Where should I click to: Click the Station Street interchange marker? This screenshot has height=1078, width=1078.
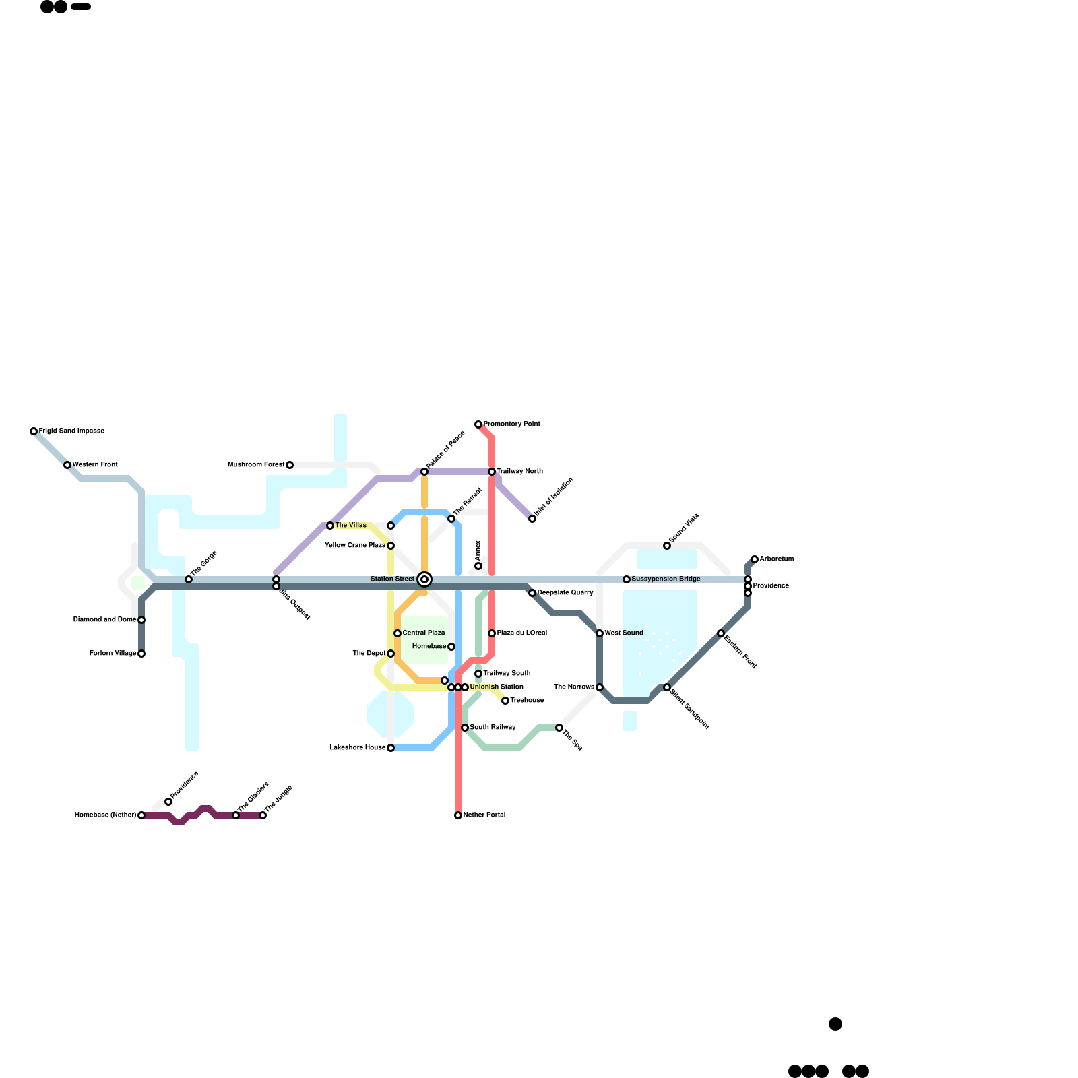click(x=424, y=579)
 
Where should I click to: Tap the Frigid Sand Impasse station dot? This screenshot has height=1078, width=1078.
click(x=34, y=431)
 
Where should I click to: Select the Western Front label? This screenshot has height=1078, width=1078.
click(x=95, y=465)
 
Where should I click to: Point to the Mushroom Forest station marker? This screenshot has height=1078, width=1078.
click(x=290, y=465)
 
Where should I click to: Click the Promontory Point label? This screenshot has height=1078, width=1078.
click(x=511, y=424)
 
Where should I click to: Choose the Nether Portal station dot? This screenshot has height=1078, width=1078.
click(x=458, y=815)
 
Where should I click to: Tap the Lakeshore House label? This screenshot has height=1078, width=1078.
click(x=357, y=748)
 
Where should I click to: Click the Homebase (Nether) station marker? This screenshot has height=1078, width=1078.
click(x=141, y=815)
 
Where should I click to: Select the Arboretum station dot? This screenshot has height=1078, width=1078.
click(x=755, y=559)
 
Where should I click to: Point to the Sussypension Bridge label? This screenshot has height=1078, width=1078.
click(x=666, y=579)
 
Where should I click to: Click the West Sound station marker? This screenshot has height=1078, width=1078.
click(x=600, y=633)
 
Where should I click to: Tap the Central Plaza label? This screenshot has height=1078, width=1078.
click(x=424, y=633)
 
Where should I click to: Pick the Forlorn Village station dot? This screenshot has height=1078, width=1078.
click(x=141, y=654)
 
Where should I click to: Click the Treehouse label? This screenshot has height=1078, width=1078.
click(x=527, y=701)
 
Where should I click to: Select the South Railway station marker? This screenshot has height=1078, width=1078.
click(x=465, y=728)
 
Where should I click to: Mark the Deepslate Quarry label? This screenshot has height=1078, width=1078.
click(x=565, y=593)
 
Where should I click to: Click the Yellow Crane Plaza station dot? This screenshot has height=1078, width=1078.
click(x=391, y=546)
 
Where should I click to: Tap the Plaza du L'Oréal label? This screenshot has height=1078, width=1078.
click(x=521, y=633)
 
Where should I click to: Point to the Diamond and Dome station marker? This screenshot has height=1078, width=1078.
click(x=141, y=620)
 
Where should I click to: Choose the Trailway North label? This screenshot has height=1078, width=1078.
click(x=519, y=472)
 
